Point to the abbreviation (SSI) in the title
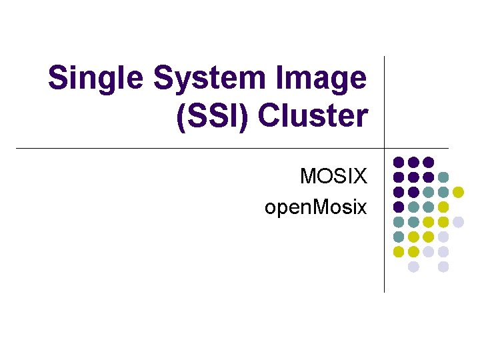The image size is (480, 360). point(213,115)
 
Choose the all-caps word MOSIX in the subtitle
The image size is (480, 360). point(333,177)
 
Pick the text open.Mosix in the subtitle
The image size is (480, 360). point(315,207)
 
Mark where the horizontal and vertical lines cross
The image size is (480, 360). point(385,148)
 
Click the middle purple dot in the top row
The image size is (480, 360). point(413,162)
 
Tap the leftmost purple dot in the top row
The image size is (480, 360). point(399,162)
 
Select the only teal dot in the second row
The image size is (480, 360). point(443,177)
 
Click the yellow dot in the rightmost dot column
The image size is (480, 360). point(458,192)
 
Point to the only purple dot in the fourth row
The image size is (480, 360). point(399,207)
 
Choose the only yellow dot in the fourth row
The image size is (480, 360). point(443,207)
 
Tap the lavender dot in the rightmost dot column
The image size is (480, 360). point(458,222)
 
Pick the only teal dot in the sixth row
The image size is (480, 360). point(399,237)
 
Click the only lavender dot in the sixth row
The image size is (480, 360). point(443,237)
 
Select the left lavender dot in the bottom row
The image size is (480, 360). point(413,267)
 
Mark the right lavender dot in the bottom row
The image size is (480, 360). point(443,267)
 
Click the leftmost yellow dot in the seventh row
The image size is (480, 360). point(399,252)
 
